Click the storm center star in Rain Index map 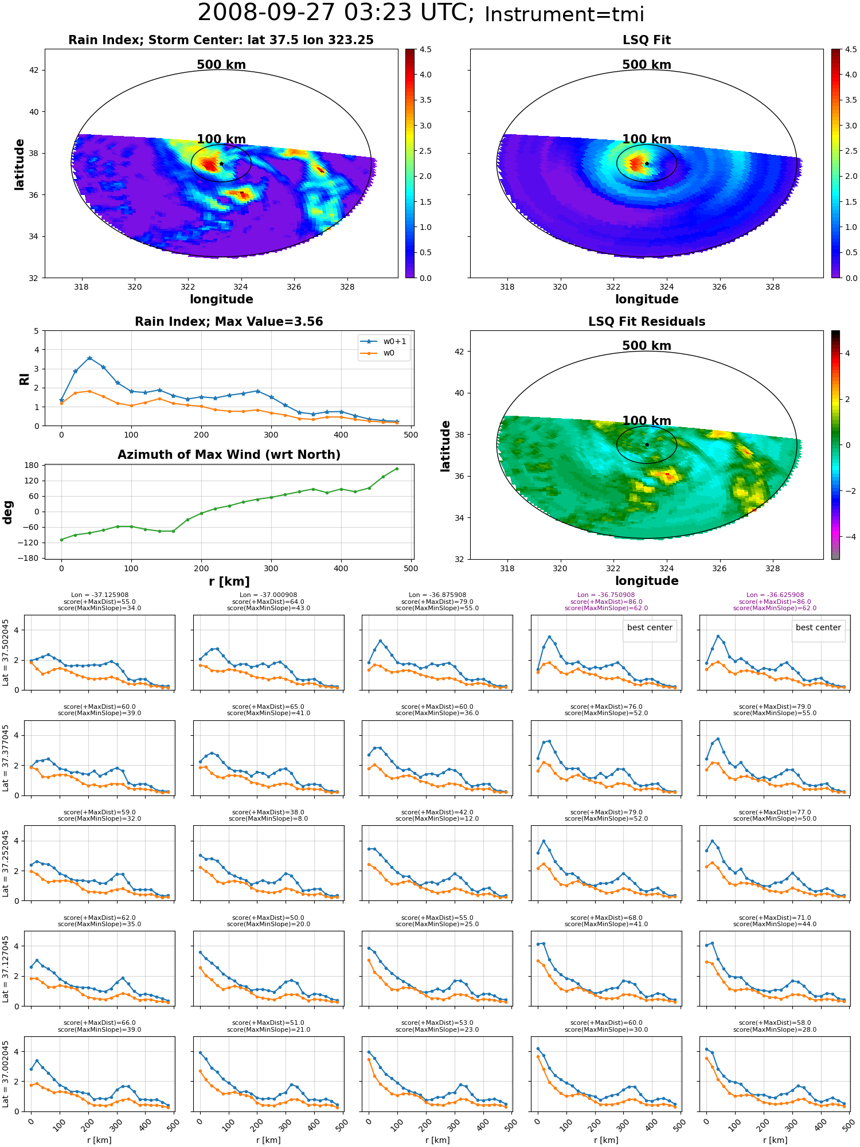(221, 163)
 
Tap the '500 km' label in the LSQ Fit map (647, 65)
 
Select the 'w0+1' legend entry (384, 341)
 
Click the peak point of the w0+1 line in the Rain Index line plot (89, 358)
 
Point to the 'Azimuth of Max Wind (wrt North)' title (229, 455)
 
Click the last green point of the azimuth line (397, 469)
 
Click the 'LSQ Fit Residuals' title (647, 322)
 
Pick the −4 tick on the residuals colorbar (847, 537)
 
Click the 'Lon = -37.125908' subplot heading (99, 595)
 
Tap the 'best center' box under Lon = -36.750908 (650, 628)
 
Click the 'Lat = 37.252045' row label (6, 863)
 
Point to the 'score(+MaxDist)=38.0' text (268, 812)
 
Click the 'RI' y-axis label (25, 379)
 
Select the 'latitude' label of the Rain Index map (19, 164)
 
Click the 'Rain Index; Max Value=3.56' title (229, 322)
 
